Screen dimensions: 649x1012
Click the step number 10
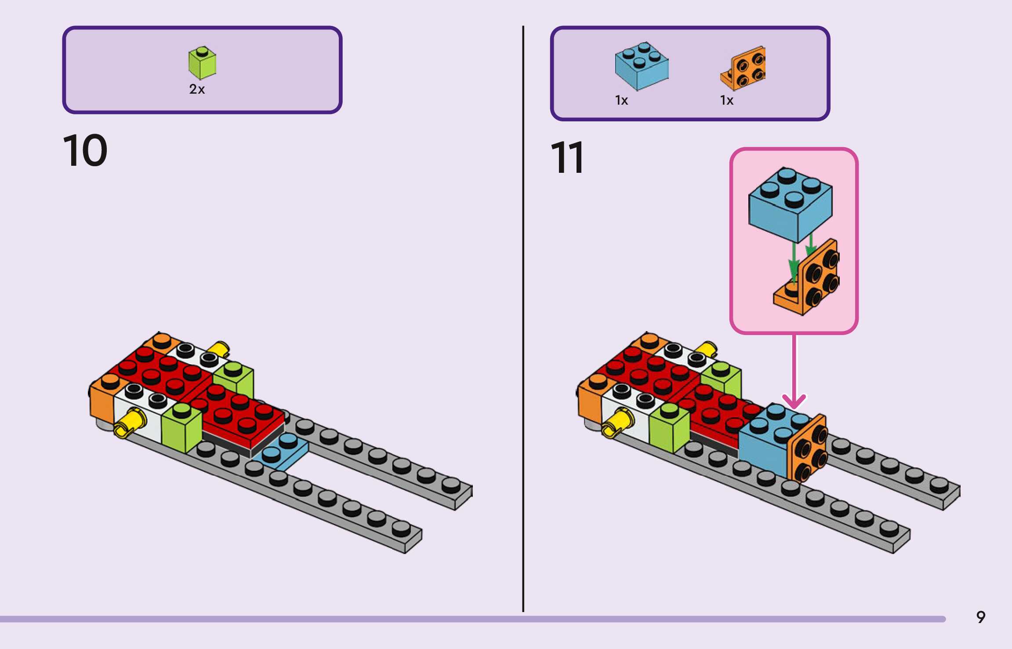(x=85, y=150)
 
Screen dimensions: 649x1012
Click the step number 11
(x=567, y=157)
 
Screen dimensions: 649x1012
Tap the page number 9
(x=981, y=617)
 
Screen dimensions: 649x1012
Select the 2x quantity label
(x=197, y=89)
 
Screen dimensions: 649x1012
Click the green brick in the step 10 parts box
(x=202, y=63)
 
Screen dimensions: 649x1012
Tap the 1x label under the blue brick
(x=621, y=101)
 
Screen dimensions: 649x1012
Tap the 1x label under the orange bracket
(x=726, y=101)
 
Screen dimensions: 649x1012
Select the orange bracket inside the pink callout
(x=811, y=279)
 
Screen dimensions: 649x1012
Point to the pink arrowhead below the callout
(x=794, y=401)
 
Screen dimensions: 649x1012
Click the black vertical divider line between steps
(x=523, y=317)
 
